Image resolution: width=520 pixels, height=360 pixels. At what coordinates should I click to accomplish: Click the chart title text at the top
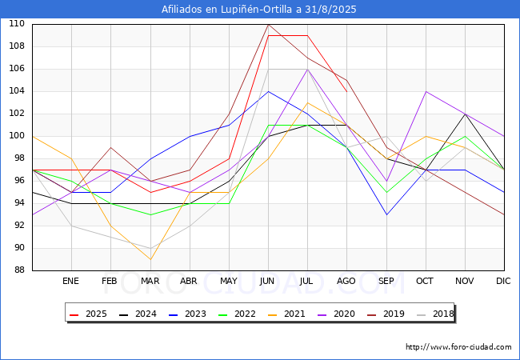tap(258, 10)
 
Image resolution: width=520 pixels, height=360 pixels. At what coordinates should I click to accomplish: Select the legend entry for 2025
tap(88, 314)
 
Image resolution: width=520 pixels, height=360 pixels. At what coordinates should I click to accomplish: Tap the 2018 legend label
tap(435, 314)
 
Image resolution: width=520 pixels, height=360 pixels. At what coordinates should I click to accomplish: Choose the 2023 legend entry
tap(187, 314)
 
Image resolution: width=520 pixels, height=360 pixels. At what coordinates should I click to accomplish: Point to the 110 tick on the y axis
tap(17, 23)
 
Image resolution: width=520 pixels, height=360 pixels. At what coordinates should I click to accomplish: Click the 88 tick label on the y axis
tap(19, 270)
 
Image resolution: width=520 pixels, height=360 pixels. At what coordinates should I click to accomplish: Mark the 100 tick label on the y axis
tap(17, 135)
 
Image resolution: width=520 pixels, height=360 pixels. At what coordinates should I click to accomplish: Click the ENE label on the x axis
tap(70, 281)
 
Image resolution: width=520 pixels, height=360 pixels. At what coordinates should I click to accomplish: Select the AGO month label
tap(346, 281)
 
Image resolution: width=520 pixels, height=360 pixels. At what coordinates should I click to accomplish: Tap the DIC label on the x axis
tap(503, 281)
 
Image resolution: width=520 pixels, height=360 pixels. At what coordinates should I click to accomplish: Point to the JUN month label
tap(267, 281)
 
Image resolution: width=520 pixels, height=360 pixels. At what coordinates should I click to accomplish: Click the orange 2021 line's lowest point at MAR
tap(150, 259)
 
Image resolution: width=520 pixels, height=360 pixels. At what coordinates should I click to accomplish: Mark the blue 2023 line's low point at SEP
tap(386, 214)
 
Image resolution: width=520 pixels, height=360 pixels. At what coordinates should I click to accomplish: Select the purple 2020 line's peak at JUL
tap(308, 70)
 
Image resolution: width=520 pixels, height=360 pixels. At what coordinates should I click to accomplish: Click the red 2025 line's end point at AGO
tap(347, 91)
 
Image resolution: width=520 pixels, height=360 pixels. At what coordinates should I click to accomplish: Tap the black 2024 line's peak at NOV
tap(466, 114)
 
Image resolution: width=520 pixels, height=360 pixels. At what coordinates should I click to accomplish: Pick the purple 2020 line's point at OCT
tap(426, 91)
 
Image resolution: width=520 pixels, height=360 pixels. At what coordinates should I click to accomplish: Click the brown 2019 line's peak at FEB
tap(110, 147)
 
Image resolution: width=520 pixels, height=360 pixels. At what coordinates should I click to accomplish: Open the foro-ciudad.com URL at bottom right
tap(458, 347)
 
